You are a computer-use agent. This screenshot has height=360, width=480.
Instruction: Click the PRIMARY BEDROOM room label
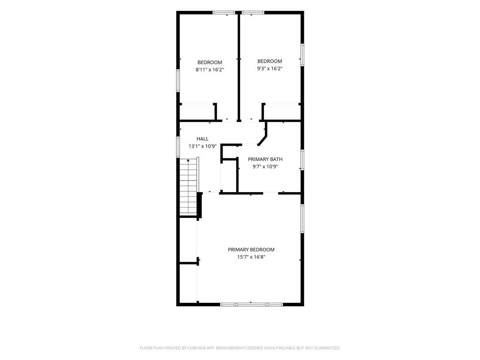point(251,250)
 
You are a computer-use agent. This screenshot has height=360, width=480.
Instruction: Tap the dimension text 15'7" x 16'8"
point(251,257)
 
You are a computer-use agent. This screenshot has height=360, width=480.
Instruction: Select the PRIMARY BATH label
point(265,159)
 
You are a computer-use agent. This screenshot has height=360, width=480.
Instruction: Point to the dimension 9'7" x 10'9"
point(265,167)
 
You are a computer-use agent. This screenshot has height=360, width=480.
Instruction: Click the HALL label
point(202,139)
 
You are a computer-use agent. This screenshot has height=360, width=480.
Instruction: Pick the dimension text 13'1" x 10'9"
point(202,146)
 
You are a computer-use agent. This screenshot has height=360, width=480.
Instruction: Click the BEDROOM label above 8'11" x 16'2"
point(210,62)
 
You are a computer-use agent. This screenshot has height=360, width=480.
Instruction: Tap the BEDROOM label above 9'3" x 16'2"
point(270,61)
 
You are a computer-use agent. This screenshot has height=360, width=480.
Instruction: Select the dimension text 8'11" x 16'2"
point(210,70)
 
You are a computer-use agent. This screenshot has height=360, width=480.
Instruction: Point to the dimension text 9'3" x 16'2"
point(270,68)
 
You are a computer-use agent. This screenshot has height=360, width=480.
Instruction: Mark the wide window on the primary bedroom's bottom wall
point(251,304)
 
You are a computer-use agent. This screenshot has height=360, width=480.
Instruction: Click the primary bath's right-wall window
point(302,160)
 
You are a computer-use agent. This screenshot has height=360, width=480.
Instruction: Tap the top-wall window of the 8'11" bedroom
point(224,13)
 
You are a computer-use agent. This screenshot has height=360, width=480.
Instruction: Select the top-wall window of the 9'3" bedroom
point(253,13)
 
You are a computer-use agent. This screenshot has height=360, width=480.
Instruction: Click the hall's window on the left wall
point(178,147)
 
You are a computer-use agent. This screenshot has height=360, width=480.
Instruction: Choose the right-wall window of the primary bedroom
point(302,219)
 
